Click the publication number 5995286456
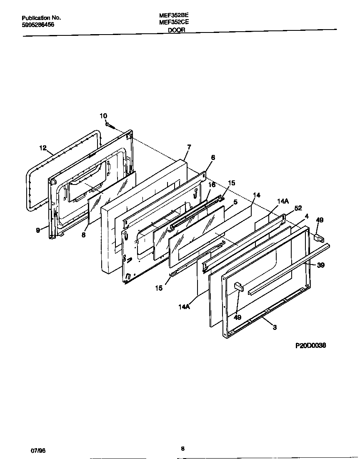point(37,25)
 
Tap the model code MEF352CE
point(174,23)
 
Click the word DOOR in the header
point(177,30)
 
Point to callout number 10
point(103,115)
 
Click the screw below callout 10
point(111,125)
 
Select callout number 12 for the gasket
point(43,147)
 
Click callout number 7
point(189,147)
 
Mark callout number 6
point(212,157)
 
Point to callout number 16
point(212,185)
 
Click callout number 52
point(298,208)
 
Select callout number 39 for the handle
point(320,265)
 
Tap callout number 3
point(275,327)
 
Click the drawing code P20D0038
point(310,345)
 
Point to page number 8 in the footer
point(182,448)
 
